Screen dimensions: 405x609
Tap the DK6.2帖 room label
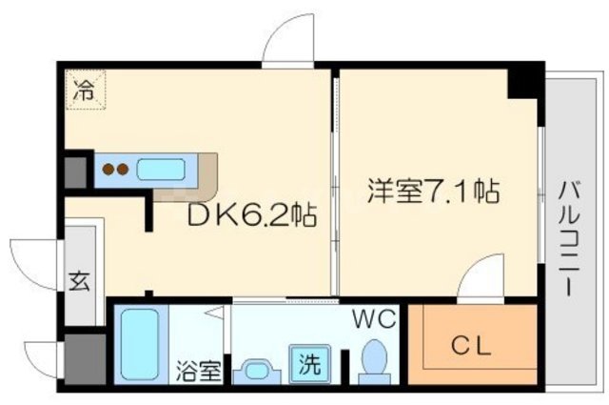pyautogui.click(x=252, y=215)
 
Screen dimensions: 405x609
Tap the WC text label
pyautogui.click(x=375, y=320)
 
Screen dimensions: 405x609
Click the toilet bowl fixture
pyautogui.click(x=374, y=363)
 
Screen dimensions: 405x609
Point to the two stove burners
pyautogui.click(x=115, y=171)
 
